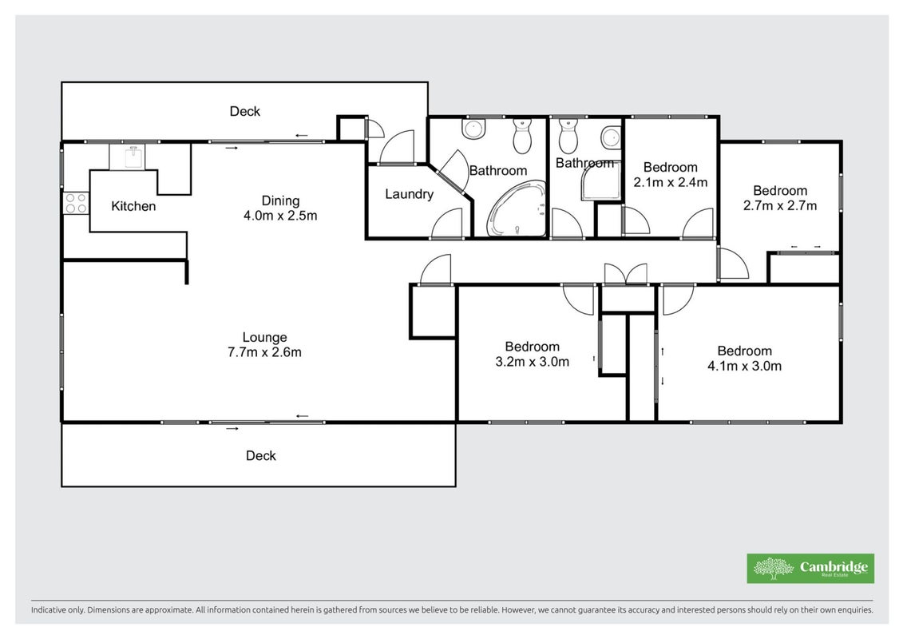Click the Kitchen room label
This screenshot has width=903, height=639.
(133, 206)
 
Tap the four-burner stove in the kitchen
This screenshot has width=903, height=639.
(76, 203)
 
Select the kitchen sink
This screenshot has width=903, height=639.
(133, 156)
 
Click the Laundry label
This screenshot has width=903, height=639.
(409, 194)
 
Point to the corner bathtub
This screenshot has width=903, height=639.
(517, 208)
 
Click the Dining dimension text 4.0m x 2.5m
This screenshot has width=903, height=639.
(280, 216)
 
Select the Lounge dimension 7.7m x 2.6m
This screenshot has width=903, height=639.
(264, 352)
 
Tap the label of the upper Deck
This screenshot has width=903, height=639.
(245, 111)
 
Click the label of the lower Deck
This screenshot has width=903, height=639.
(261, 456)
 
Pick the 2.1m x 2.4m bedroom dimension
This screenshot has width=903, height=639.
(671, 182)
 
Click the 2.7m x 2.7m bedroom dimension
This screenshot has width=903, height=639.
(780, 206)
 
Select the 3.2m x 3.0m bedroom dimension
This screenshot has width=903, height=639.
(532, 362)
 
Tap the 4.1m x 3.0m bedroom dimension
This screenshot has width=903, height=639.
(745, 366)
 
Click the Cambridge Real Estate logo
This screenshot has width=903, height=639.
(810, 569)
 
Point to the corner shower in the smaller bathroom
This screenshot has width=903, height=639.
(600, 181)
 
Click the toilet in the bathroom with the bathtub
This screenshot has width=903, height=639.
(522, 136)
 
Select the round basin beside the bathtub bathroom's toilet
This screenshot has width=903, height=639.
(474, 129)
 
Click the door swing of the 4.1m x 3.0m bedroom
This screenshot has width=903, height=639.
(678, 300)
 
